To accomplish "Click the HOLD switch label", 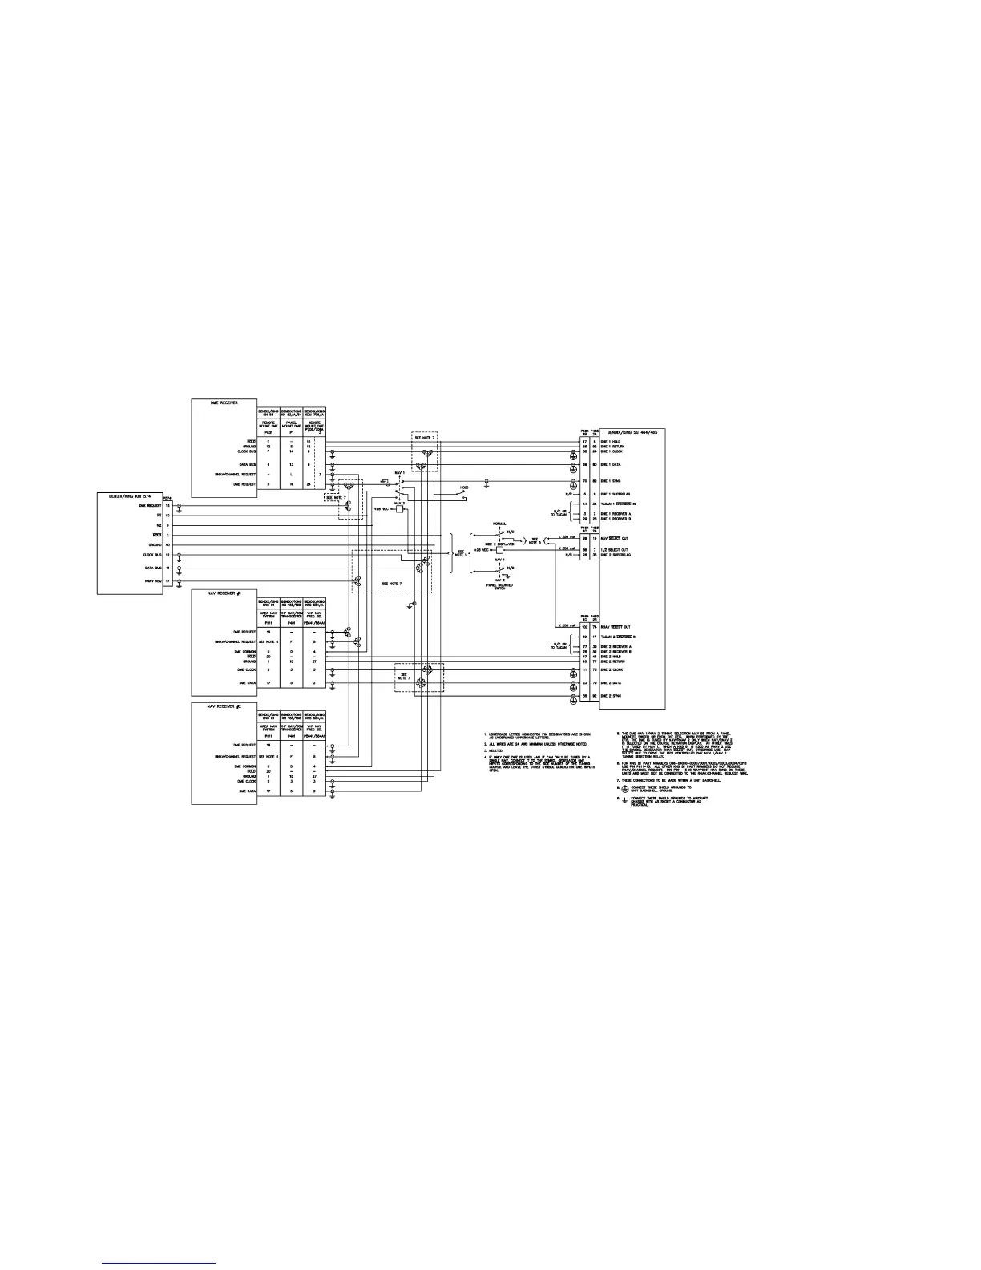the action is pyautogui.click(x=464, y=487).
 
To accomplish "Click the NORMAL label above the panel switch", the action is pyautogui.click(x=488, y=524).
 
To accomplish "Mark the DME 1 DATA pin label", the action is pyautogui.click(x=611, y=464).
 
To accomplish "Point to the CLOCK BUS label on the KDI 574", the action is pyautogui.click(x=152, y=554).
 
